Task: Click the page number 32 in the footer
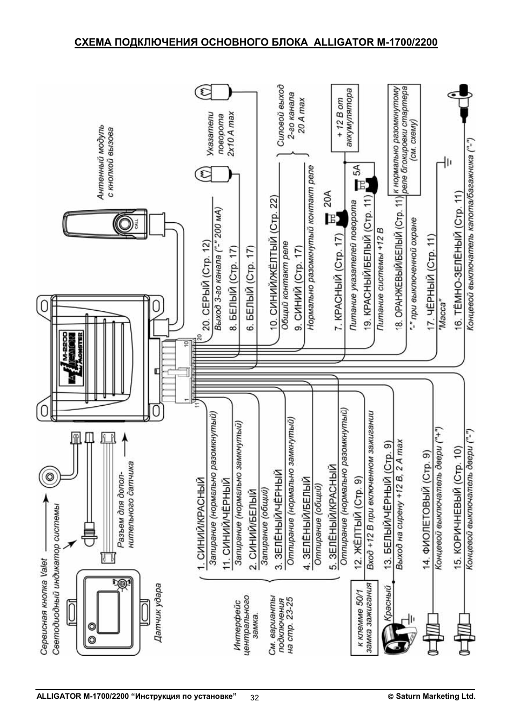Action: tap(254, 698)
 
